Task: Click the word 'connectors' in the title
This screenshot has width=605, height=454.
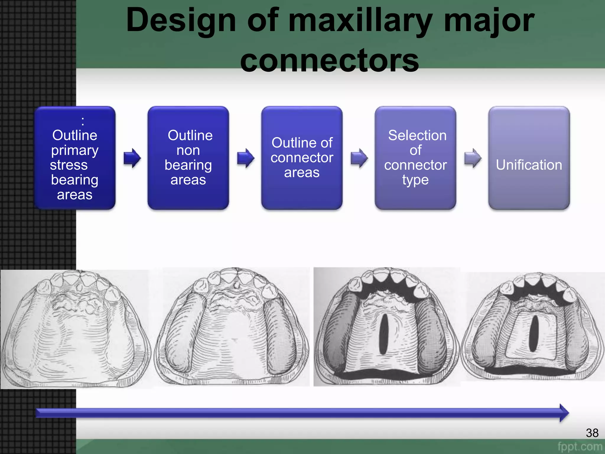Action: pyautogui.click(x=329, y=61)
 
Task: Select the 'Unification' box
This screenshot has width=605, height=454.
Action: pyautogui.click(x=529, y=158)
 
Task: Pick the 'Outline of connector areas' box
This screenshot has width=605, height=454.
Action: pyautogui.click(x=302, y=158)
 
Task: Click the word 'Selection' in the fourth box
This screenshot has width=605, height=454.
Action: pyautogui.click(x=417, y=135)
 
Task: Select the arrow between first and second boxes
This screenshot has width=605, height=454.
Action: pyautogui.click(x=132, y=158)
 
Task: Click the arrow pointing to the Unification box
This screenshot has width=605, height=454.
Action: pyautogui.click(x=473, y=158)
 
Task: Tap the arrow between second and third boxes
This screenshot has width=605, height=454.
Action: pyautogui.click(x=245, y=158)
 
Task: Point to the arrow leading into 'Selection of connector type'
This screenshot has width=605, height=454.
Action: pyautogui.click(x=359, y=158)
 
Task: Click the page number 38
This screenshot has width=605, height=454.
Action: pyautogui.click(x=592, y=433)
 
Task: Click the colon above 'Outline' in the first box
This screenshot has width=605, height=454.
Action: pyautogui.click(x=83, y=121)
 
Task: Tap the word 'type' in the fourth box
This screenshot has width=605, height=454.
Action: pyautogui.click(x=415, y=180)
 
